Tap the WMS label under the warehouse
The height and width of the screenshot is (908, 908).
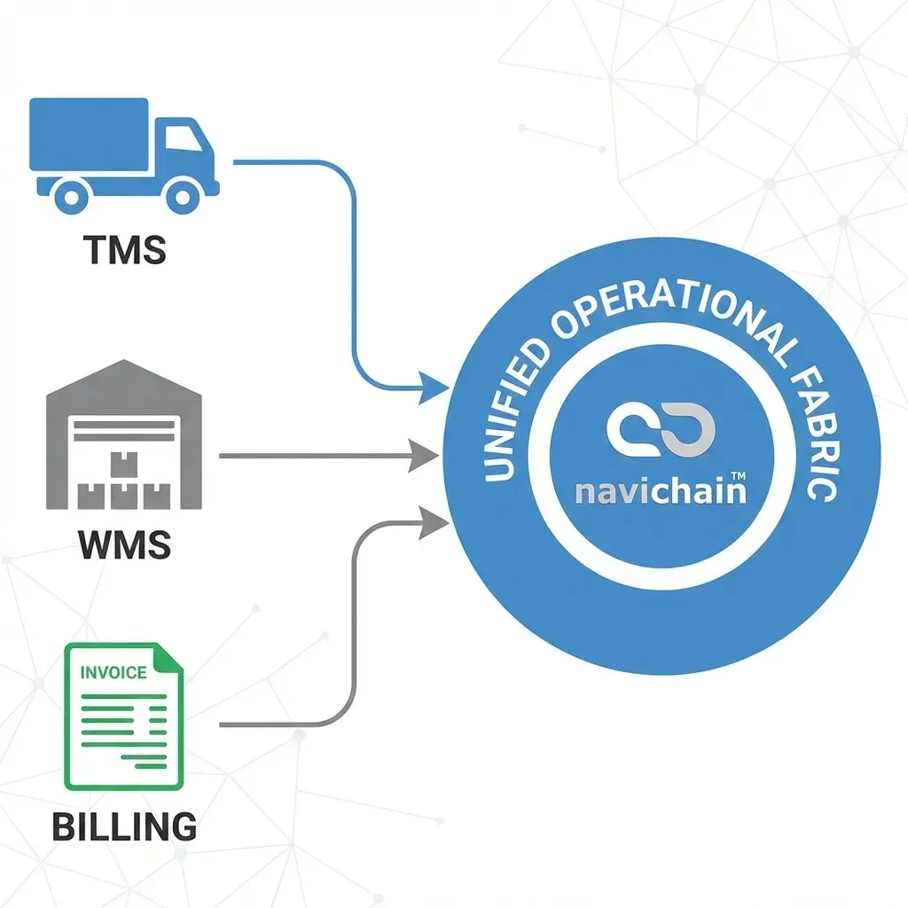point(124,544)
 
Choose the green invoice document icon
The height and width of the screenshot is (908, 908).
point(123,716)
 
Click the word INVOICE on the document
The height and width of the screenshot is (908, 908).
point(113,672)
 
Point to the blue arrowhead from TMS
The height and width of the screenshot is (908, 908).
point(434,386)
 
